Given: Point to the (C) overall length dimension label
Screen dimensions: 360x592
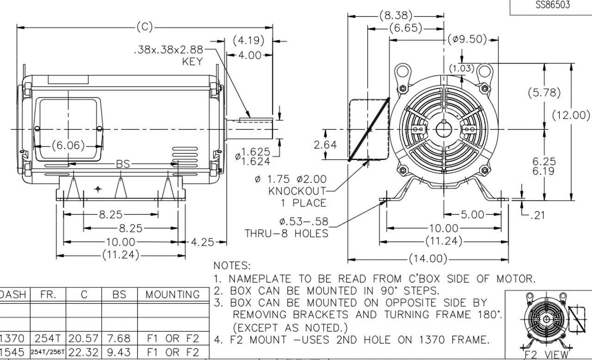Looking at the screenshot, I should (144, 27).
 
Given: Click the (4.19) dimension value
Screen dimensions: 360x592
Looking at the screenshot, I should (248, 41).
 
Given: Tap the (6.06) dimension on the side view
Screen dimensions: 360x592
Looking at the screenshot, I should (68, 146).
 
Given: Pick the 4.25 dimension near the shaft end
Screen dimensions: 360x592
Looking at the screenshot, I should (202, 242).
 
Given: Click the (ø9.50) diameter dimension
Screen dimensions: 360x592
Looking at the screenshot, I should (467, 39).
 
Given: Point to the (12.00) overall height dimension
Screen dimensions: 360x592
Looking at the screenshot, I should (571, 115).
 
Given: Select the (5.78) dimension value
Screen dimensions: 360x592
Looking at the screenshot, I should (544, 92).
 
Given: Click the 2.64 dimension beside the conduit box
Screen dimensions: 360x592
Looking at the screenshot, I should (325, 145).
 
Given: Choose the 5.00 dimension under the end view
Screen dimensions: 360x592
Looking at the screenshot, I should (472, 215).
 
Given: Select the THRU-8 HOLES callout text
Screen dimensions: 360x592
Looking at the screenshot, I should (286, 233).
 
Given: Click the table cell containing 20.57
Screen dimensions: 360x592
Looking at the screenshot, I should (84, 339).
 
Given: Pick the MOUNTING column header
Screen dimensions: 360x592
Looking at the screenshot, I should (173, 294).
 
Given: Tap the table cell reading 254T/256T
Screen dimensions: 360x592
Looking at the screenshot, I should (48, 353).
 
